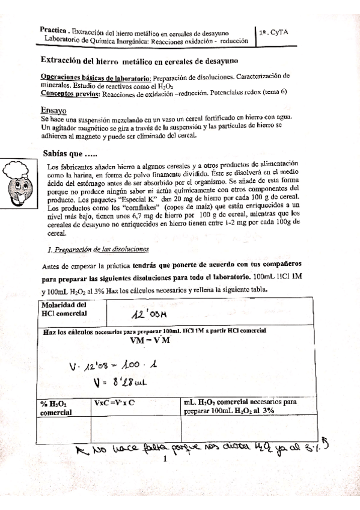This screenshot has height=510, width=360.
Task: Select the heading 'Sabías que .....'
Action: coord(70,154)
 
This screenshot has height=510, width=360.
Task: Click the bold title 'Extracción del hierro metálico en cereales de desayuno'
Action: coord(139,60)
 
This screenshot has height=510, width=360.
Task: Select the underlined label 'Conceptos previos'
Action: coord(70,93)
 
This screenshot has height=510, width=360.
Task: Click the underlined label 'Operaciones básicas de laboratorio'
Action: coord(96,77)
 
